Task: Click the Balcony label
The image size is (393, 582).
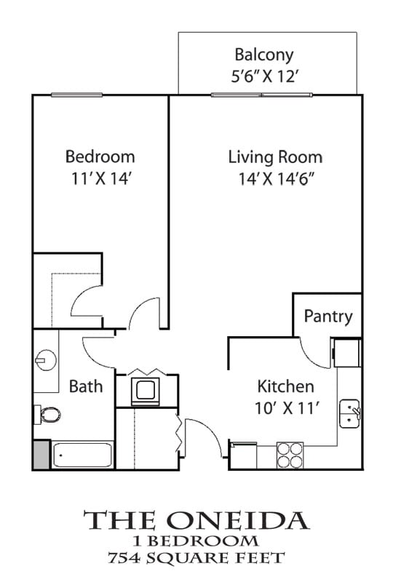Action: pos(263,54)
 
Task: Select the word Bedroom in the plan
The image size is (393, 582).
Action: pos(100,156)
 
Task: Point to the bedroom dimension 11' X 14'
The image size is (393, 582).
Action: pos(100,179)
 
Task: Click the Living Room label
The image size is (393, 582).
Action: pos(275,156)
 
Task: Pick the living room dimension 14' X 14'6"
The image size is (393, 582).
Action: pos(275,179)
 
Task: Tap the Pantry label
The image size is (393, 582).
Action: pos(328,316)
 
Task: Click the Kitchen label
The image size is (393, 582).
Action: pos(285,386)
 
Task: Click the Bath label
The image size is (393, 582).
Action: pos(86,386)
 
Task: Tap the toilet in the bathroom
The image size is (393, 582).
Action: pos(48,415)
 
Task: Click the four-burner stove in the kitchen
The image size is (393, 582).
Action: pos(290,455)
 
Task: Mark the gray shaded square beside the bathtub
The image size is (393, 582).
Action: pos(41,455)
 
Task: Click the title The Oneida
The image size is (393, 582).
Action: pos(196,520)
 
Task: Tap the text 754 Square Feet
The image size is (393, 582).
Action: pos(196,558)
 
